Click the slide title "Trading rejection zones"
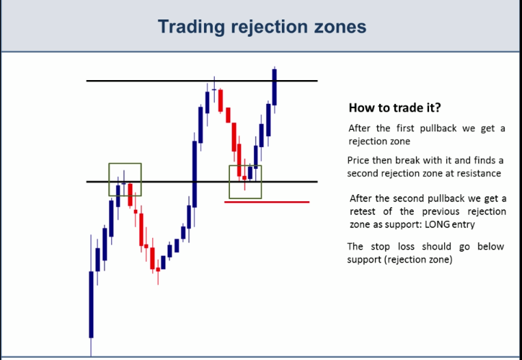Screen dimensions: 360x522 pos(261,27)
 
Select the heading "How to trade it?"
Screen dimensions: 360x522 pos(394,108)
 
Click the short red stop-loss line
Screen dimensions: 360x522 pos(267,202)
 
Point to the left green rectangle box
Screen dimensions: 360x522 pos(125,179)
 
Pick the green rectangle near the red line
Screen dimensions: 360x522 pos(245,182)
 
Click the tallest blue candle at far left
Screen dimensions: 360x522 pos(92,303)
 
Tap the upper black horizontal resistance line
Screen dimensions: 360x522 pos(144,81)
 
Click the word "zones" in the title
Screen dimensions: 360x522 pos(342,27)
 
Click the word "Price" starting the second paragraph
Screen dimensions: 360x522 pos(360,160)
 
